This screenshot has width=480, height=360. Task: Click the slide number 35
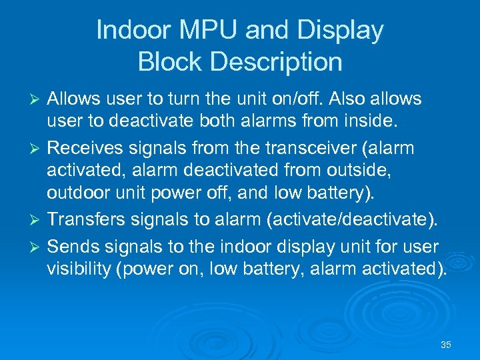446,345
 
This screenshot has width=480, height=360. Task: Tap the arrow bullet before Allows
37,99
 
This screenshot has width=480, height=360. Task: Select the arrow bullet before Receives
37,149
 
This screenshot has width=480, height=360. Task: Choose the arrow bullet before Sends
37,247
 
